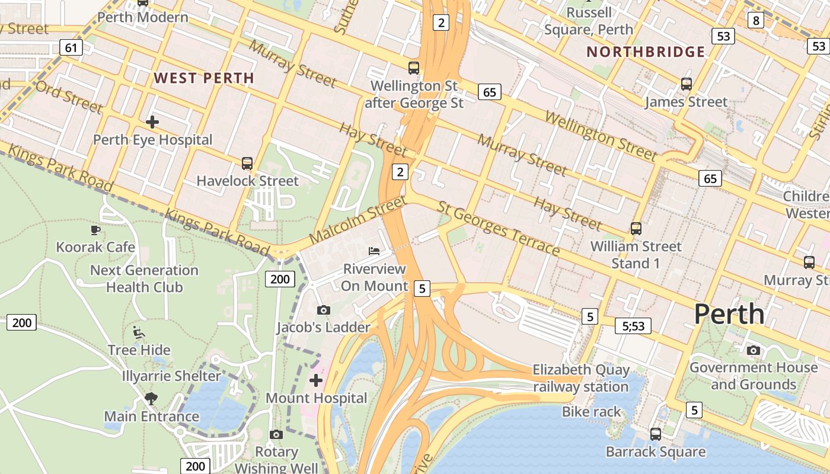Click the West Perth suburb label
tap(204, 78)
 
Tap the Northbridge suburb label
tap(646, 52)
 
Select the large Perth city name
tap(729, 313)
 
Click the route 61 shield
tap(71, 47)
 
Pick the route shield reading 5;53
tap(633, 325)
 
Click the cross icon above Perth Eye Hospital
tap(152, 122)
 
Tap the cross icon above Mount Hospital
tap(316, 380)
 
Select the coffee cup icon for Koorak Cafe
tap(95, 230)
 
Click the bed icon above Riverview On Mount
tap(373, 251)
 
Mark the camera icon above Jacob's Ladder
tap(323, 310)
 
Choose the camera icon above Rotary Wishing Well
tap(276, 434)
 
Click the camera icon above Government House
tap(753, 350)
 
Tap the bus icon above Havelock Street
tap(247, 163)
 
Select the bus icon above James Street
tap(686, 84)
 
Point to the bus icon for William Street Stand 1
tap(636, 228)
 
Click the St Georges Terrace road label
tap(498, 229)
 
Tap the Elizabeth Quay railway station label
tap(580, 378)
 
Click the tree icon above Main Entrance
tap(151, 398)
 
